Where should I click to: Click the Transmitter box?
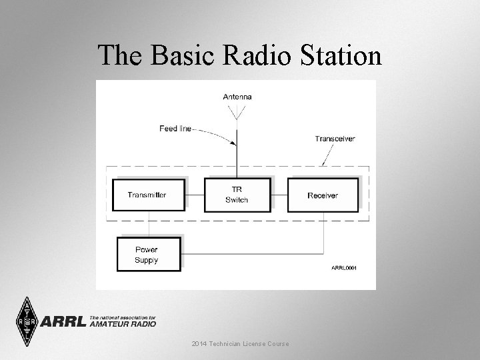pos(147,195)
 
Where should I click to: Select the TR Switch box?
pos(237,195)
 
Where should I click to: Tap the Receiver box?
pos(323,195)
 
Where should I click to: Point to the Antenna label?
pos(237,97)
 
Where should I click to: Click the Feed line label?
pos(175,128)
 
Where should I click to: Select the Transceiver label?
pos(335,139)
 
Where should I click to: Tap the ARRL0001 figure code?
pos(344,267)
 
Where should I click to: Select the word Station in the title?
pos(338,55)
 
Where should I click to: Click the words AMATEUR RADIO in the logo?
pos(123,324)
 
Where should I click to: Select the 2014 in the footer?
pos(199,343)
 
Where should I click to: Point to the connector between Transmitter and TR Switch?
pos(195,195)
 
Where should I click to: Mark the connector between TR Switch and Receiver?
pos(280,195)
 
